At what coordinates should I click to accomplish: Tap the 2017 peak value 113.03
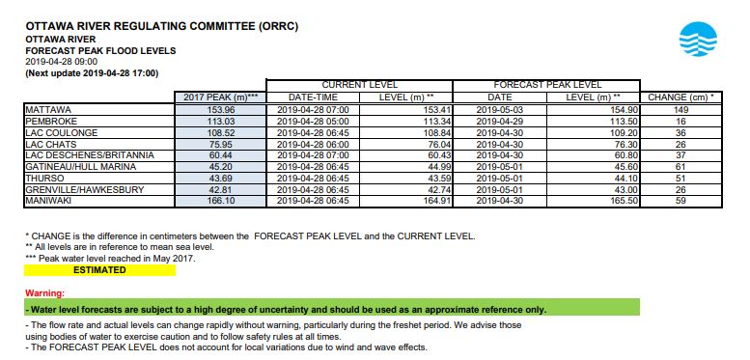tap(221, 122)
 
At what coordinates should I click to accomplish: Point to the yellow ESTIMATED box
tap(99, 270)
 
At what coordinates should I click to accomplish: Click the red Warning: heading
tap(44, 292)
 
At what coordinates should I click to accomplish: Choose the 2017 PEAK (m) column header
tap(221, 97)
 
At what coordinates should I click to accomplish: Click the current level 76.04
tap(411, 144)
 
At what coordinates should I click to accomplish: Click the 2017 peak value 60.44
tap(221, 155)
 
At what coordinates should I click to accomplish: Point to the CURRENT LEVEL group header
tap(359, 85)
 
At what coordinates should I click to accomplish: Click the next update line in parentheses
tap(92, 72)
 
